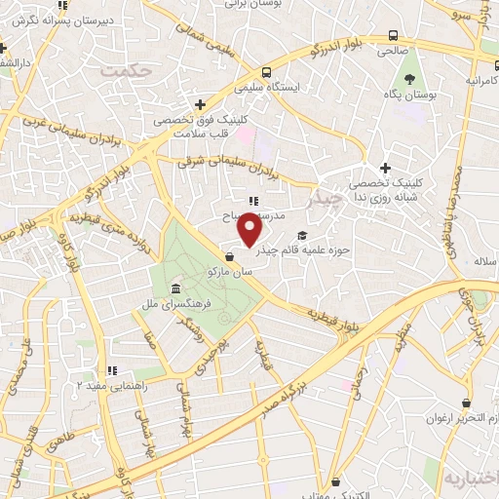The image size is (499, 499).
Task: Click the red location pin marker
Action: coord(251,228)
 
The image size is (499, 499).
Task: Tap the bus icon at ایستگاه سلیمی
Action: coord(266,72)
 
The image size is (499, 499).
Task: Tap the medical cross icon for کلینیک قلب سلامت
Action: coord(200,103)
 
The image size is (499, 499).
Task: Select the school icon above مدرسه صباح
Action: coord(253,201)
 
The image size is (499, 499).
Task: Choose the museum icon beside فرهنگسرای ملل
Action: coord(174,289)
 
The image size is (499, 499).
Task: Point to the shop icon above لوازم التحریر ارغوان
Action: coord(469,402)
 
